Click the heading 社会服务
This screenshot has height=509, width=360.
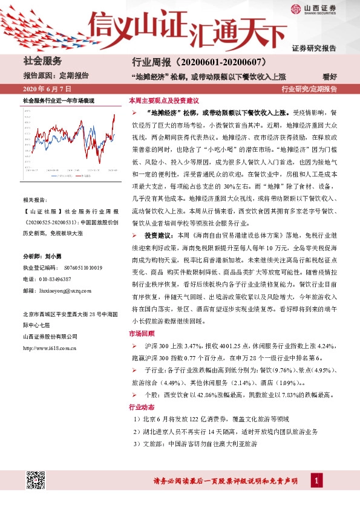(42, 60)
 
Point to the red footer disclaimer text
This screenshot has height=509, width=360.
(225, 481)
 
